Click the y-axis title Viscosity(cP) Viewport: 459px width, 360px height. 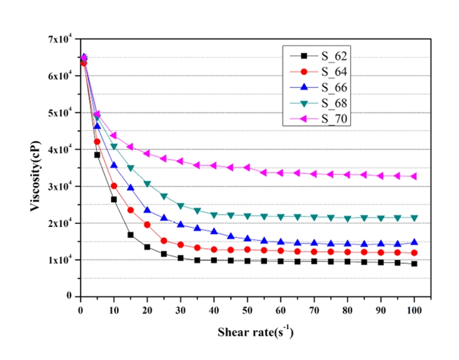click(35, 167)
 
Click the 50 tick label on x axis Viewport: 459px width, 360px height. click(247, 308)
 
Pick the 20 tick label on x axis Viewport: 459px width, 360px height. click(147, 308)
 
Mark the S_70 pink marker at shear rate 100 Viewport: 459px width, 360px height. click(414, 176)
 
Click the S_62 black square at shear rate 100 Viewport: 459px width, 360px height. click(414, 264)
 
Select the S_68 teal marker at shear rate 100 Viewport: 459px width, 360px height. click(414, 218)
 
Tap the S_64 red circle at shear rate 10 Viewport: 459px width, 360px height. click(114, 186)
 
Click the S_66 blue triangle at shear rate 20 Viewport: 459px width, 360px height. click(147, 210)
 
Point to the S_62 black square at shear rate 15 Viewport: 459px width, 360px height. click(131, 235)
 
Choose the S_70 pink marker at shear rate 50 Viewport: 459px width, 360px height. click(247, 168)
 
